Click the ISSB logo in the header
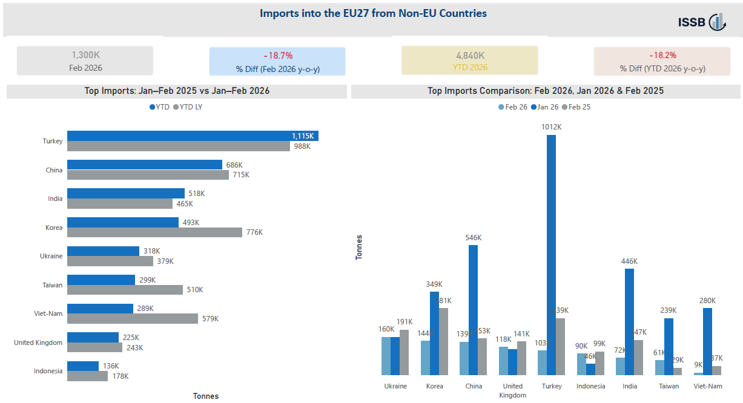(701, 22)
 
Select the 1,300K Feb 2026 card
(85, 61)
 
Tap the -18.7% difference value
(278, 55)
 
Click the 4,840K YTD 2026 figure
(469, 55)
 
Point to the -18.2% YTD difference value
(662, 55)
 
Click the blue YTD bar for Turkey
(193, 136)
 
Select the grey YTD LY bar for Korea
(154, 232)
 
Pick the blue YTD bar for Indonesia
(83, 366)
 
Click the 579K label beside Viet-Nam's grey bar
(210, 319)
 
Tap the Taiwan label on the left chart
(52, 285)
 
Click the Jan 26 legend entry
(544, 107)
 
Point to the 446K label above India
(629, 261)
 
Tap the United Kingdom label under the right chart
(512, 390)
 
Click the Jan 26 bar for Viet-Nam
(707, 341)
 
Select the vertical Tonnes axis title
(359, 247)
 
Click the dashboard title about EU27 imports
(373, 13)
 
